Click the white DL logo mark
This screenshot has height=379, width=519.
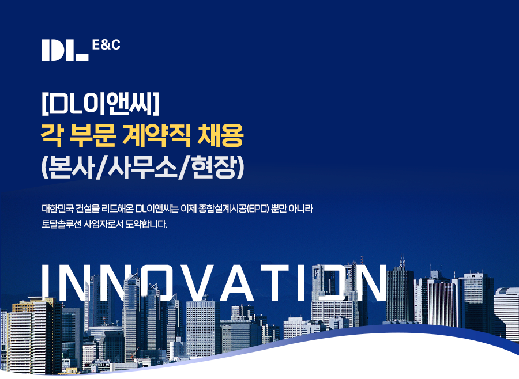65,50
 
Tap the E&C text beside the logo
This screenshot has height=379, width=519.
106,45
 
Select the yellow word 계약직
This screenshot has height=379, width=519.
156,135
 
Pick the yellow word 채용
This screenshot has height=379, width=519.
220,135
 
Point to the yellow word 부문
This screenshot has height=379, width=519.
92,135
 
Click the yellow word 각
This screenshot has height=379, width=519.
52,135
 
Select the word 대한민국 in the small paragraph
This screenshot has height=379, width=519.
57,209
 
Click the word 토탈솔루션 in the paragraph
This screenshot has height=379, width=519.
61,224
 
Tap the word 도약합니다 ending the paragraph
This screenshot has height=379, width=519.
146,224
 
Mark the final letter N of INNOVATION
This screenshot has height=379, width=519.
368,283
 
